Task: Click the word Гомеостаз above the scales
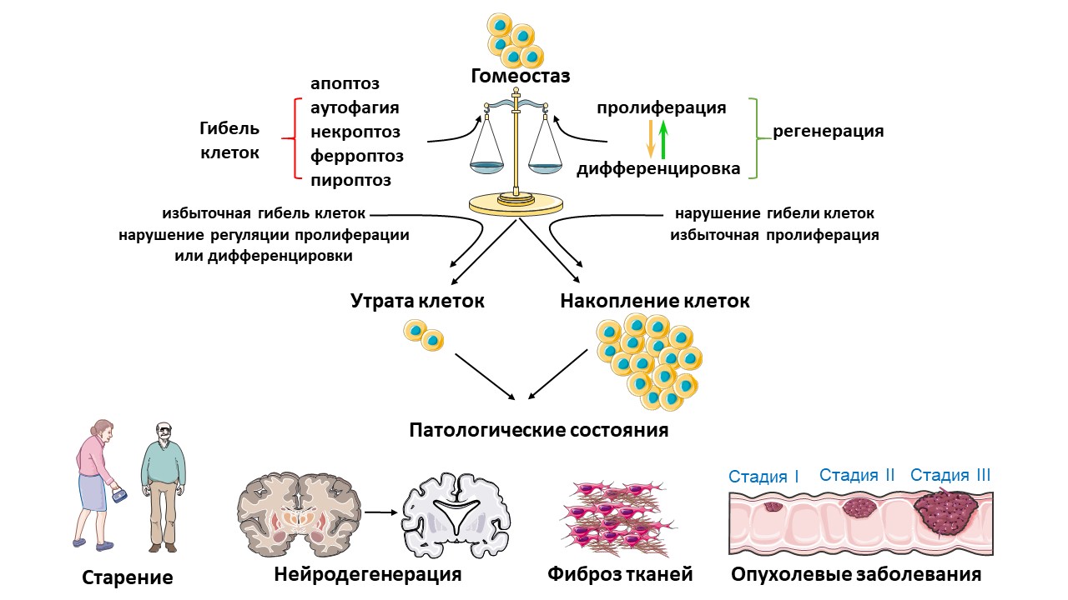(520, 76)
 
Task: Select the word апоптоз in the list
(345, 83)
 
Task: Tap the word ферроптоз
(356, 156)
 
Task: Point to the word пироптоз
(350, 180)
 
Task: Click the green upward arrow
(663, 139)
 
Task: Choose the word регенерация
(828, 132)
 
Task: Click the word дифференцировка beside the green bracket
(658, 169)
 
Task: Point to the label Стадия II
(857, 475)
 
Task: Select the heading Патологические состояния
(539, 431)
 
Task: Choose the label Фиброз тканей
(620, 574)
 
